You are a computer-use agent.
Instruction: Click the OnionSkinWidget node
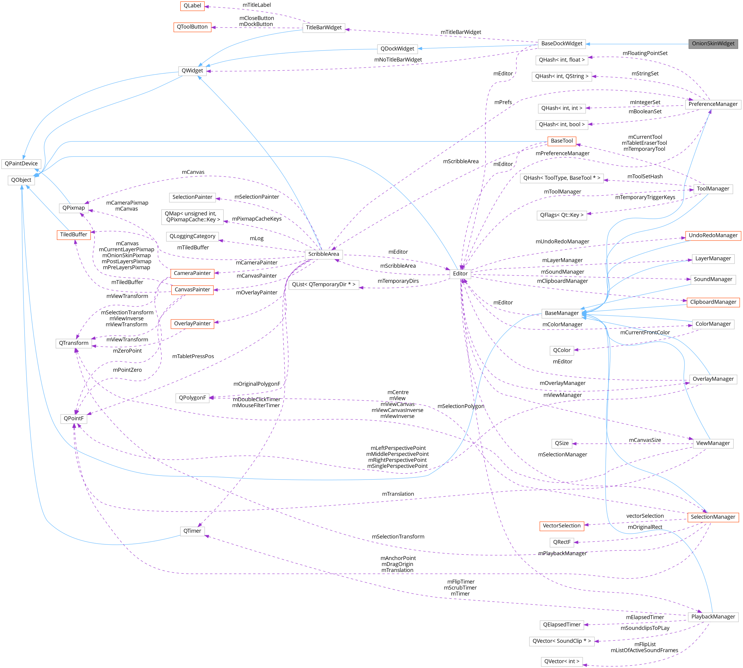713,44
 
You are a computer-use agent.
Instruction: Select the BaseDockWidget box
562,44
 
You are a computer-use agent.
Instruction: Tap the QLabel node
192,6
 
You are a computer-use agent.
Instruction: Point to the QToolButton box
192,27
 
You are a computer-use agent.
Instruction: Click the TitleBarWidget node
323,28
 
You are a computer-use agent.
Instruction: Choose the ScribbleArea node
323,254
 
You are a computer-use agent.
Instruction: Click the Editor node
460,274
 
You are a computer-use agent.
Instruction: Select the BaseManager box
562,313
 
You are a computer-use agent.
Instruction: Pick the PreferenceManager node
713,104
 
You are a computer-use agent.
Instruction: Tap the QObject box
21,180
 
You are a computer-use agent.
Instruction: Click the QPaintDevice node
21,164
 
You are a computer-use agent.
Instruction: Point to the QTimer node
192,531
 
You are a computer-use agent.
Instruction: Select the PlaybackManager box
713,617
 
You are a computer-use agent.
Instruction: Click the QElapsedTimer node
562,625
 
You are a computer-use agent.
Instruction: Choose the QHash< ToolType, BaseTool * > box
562,178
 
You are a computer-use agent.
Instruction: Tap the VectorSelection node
562,526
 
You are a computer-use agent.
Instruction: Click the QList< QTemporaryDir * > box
323,284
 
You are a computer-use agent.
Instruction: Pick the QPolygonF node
192,398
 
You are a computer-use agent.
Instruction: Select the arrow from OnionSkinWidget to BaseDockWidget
639,44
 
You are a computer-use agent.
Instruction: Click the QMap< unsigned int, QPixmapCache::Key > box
192,217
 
